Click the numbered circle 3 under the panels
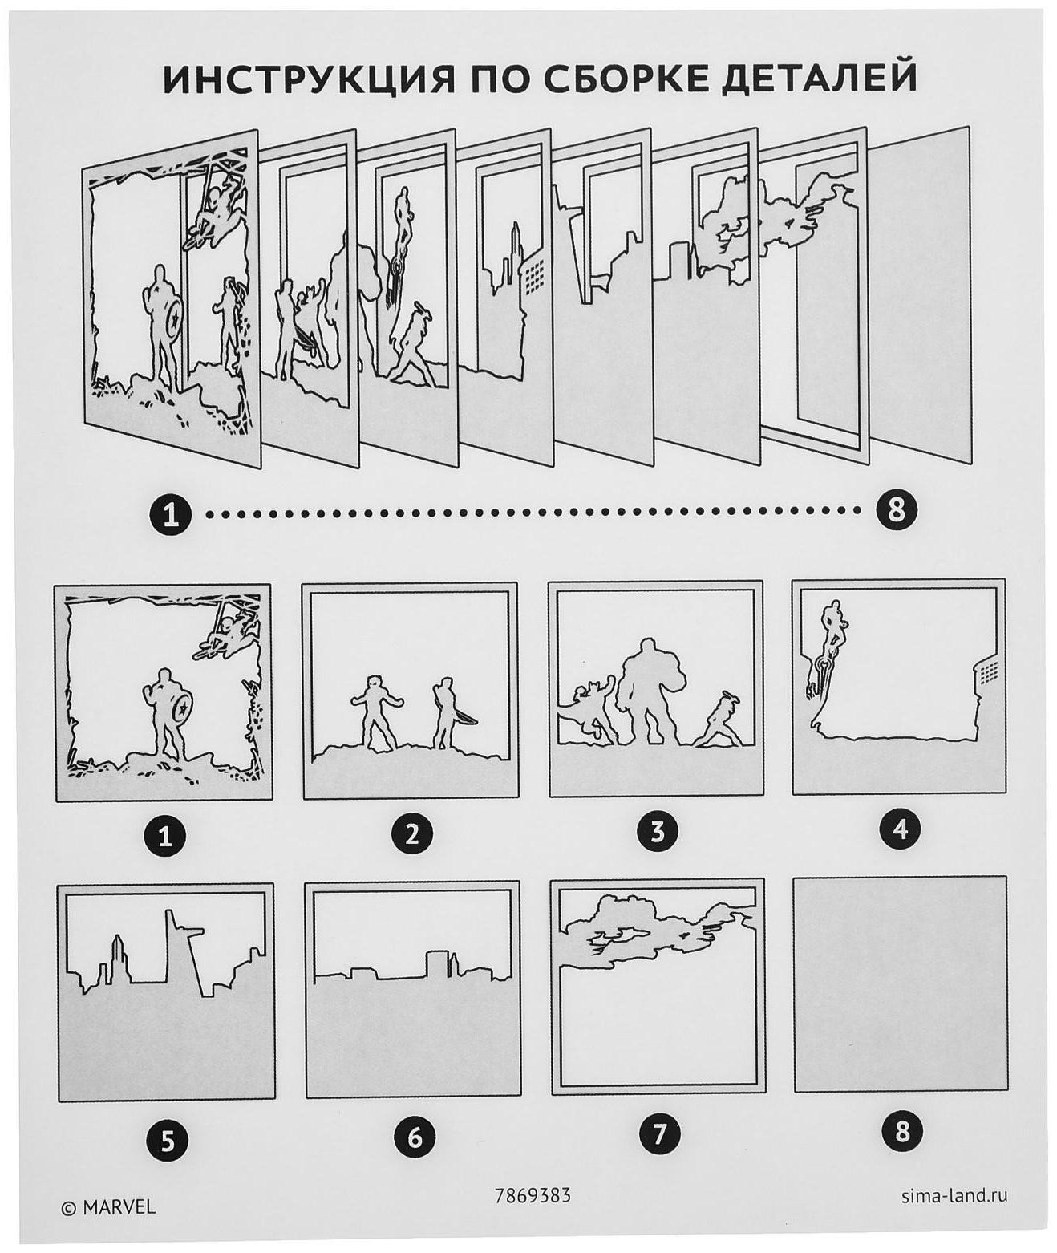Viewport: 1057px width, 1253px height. pos(658,833)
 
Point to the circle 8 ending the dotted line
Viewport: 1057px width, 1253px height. pos(897,511)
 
